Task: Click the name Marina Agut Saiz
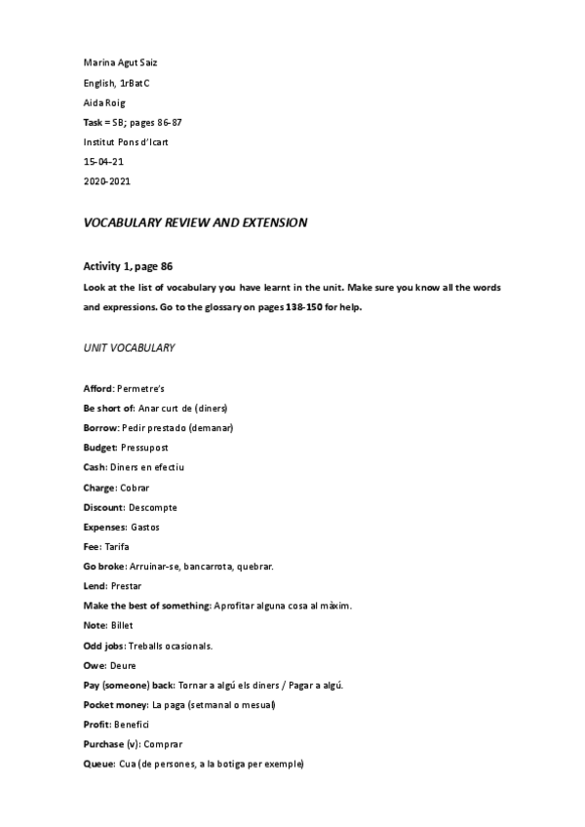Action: (x=121, y=62)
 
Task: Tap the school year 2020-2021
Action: (x=107, y=180)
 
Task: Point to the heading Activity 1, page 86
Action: (x=129, y=266)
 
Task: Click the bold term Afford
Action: (x=97, y=388)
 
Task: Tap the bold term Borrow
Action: (x=100, y=428)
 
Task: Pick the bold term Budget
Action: (x=99, y=448)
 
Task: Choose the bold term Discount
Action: (x=103, y=507)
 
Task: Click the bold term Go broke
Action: (x=103, y=566)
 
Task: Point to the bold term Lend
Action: (x=95, y=586)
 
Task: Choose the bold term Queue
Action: (x=98, y=764)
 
